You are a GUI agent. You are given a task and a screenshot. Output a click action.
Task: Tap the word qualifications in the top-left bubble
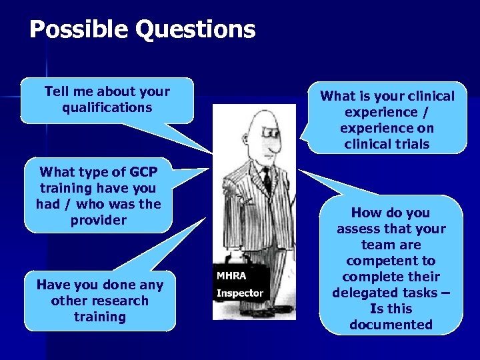click(107, 108)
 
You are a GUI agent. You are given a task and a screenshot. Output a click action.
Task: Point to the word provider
click(99, 220)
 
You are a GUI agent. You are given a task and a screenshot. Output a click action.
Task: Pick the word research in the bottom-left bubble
click(121, 301)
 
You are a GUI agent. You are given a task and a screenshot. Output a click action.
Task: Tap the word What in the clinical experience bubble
click(336, 96)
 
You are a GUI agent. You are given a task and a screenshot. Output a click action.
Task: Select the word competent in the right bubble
click(391, 261)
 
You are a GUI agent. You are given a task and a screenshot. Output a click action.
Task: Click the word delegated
click(364, 293)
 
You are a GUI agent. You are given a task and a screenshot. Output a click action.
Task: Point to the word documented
click(391, 325)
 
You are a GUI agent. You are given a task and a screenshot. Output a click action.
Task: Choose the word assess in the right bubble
click(361, 229)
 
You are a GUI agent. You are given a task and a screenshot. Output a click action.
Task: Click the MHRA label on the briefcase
click(231, 275)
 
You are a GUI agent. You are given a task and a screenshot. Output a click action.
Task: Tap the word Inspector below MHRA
click(240, 293)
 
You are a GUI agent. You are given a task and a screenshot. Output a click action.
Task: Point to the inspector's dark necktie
click(267, 179)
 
